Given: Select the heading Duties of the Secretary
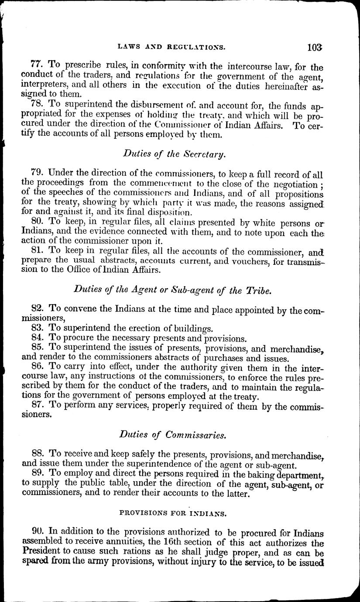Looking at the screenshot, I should (174, 154).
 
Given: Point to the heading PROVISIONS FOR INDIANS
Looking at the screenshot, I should (173, 514).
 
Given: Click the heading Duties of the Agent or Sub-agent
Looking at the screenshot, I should (173, 291).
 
